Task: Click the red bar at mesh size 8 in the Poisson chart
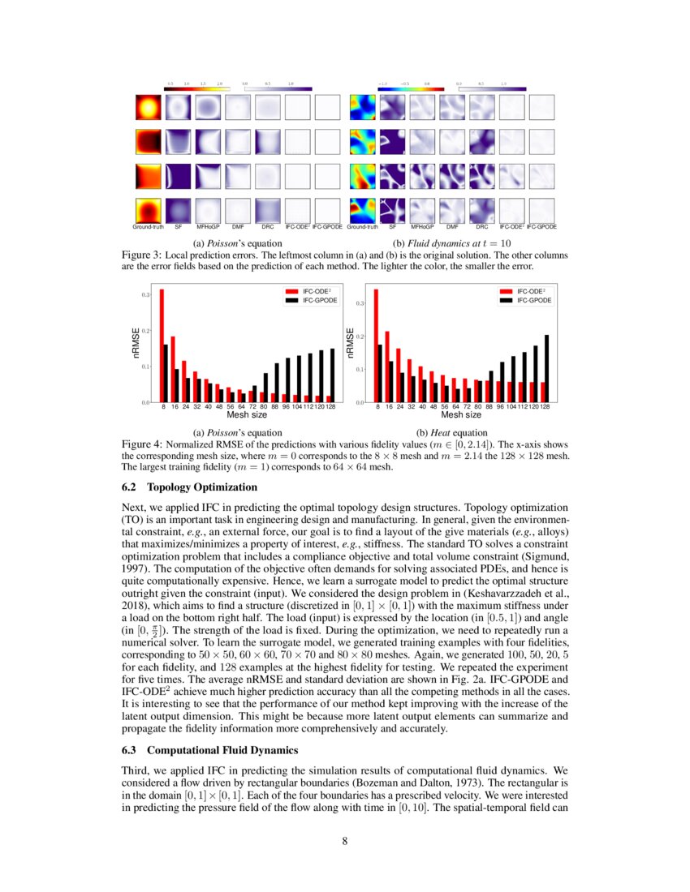click(x=162, y=345)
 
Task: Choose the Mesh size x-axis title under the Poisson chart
click(x=240, y=414)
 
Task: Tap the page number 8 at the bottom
click(x=345, y=841)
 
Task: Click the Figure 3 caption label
click(x=142, y=254)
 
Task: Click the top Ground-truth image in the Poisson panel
click(x=148, y=107)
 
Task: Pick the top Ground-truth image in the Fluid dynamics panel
click(x=362, y=107)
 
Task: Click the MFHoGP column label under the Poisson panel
click(x=209, y=227)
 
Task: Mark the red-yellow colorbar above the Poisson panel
click(x=195, y=88)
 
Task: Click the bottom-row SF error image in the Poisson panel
click(x=179, y=210)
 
